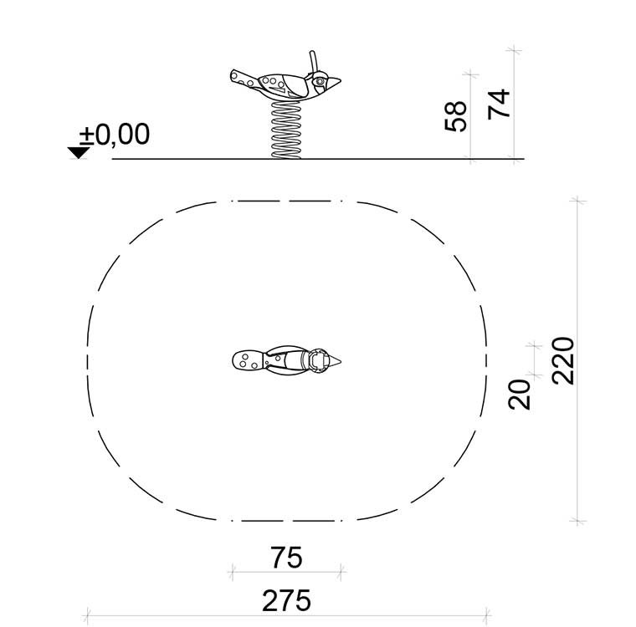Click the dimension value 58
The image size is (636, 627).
tap(455, 116)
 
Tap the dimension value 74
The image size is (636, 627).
tap(499, 104)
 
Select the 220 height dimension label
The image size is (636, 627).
tap(563, 360)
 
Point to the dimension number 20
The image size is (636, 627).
tap(519, 395)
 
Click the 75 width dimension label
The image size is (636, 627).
tap(286, 558)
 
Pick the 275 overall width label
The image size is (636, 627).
tap(286, 600)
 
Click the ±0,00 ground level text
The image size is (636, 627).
tap(115, 134)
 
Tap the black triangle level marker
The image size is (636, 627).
tap(79, 153)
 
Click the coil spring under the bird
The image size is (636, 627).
tap(286, 130)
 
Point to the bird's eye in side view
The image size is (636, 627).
tap(320, 81)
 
